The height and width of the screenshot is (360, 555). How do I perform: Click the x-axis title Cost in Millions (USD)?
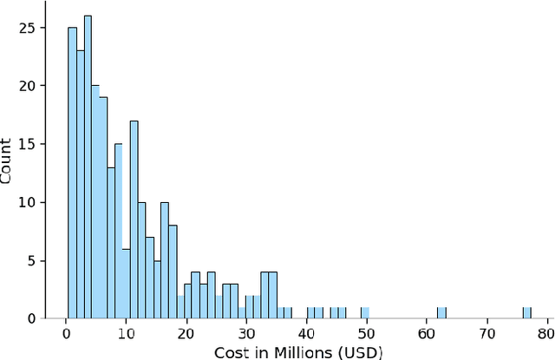tap(297, 350)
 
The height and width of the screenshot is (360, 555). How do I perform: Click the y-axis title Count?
tap(8, 161)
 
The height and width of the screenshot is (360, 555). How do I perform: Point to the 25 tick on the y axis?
tap(28, 28)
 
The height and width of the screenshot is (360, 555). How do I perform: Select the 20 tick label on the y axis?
tap(28, 86)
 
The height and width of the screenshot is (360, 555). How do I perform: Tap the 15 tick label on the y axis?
tap(28, 144)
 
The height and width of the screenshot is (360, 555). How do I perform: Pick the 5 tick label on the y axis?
tap(32, 260)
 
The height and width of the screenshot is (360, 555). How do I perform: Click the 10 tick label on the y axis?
tap(28, 202)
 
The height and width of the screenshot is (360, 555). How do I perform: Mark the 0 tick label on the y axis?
tap(32, 318)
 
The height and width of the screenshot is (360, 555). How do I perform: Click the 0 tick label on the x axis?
tap(66, 331)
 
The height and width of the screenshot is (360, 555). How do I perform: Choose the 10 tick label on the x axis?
tap(126, 331)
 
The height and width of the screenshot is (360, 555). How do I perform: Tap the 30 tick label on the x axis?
tap(246, 331)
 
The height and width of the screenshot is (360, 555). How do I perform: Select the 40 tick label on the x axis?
tap(306, 331)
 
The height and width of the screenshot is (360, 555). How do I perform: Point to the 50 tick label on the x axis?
tap(366, 331)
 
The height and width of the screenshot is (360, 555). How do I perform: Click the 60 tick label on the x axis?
tap(426, 331)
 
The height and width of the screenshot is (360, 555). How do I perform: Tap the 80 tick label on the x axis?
tap(546, 331)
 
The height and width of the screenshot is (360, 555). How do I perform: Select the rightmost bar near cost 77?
tap(526, 313)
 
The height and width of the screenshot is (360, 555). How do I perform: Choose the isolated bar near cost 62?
tap(441, 313)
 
